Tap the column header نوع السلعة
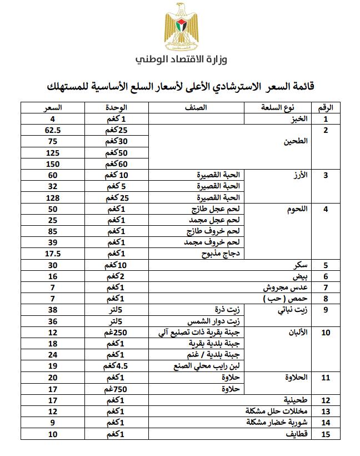pyautogui.click(x=277, y=107)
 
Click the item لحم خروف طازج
pyautogui.click(x=219, y=231)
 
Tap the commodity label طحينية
pyautogui.click(x=297, y=400)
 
